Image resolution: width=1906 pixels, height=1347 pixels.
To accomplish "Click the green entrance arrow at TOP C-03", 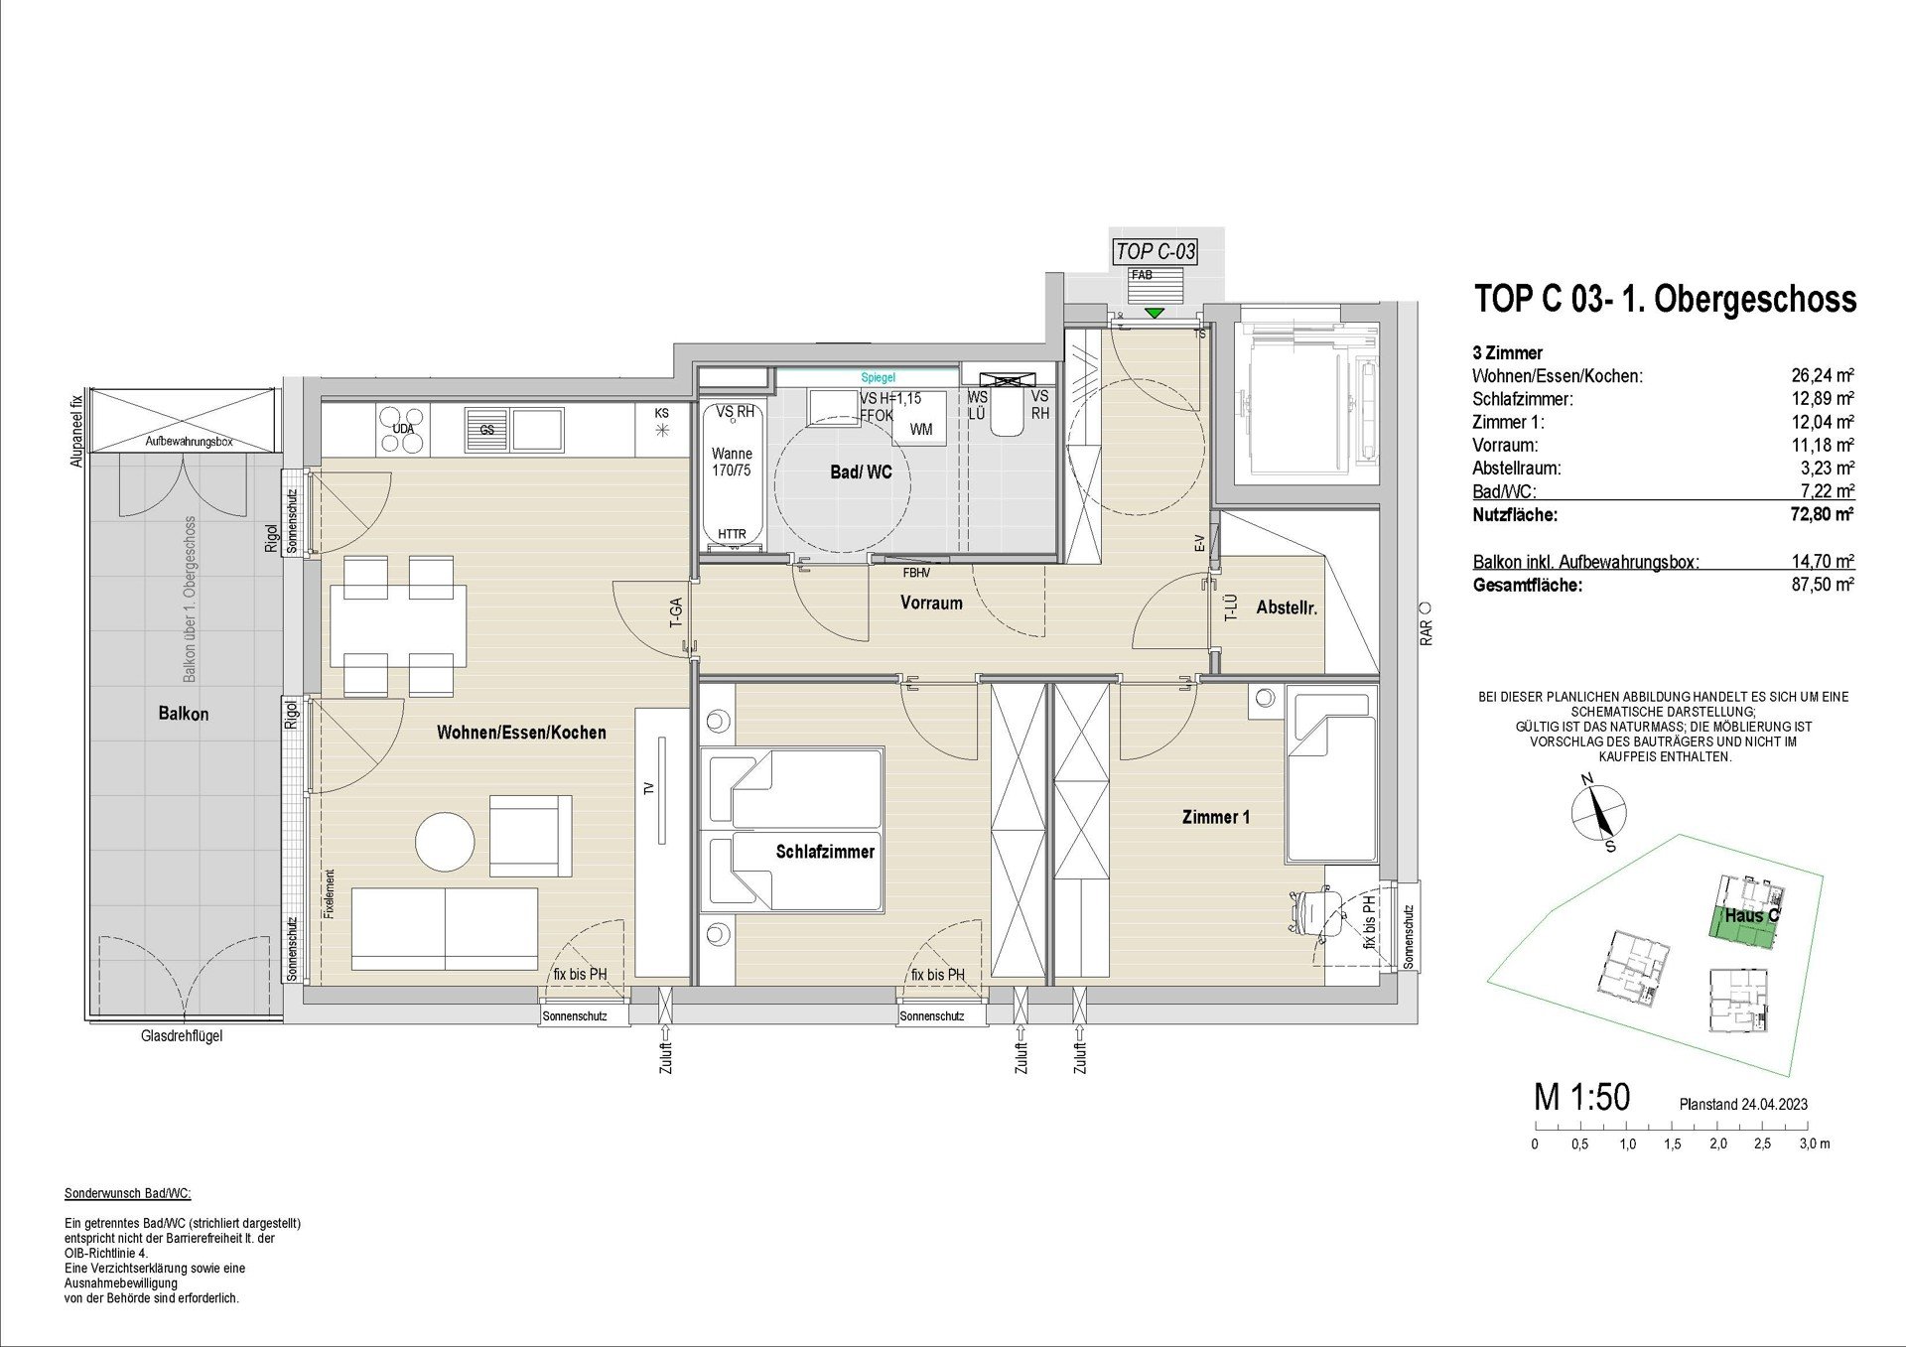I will [1154, 314].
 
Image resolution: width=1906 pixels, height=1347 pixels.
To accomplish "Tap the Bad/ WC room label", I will [861, 472].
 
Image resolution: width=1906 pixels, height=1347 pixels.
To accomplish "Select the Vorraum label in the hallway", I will [931, 603].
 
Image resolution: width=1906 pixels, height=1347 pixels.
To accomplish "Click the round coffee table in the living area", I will [445, 843].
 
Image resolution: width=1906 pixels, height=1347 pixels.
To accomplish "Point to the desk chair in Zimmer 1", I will [1314, 912].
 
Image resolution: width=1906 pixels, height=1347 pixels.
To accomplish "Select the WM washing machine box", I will [920, 429].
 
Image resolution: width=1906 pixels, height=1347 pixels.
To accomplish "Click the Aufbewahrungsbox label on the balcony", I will [189, 441].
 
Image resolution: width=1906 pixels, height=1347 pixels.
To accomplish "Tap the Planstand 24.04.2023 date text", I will [1743, 1104].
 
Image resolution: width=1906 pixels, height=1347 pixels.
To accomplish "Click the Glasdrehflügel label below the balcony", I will [182, 1035].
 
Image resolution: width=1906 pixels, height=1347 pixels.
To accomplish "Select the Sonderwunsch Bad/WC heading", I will [127, 1193].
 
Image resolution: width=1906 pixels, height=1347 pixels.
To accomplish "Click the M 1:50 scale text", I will [1582, 1098].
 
